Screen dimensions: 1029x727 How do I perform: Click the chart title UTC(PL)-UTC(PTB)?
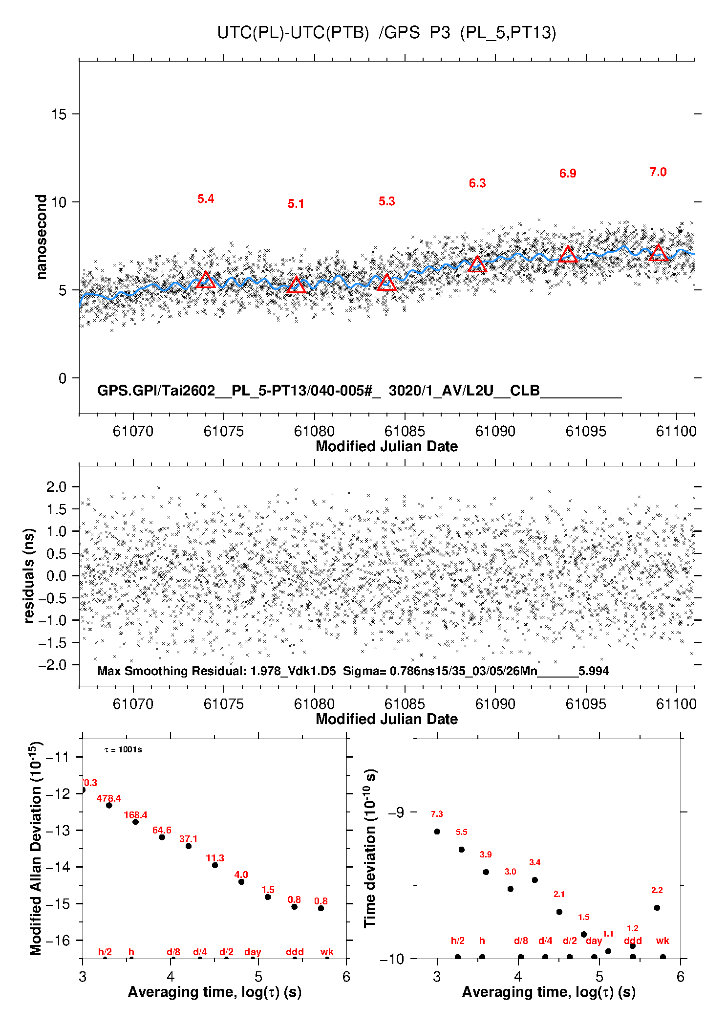coord(293,33)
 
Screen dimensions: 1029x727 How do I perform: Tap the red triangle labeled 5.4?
coord(206,280)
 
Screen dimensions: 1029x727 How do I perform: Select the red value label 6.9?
coord(568,174)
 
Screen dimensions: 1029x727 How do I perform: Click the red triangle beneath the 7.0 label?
coord(658,253)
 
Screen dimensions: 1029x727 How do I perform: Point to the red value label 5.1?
coord(296,204)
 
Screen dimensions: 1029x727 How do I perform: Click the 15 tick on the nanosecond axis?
coord(59,114)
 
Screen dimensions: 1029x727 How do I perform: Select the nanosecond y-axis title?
coord(41,237)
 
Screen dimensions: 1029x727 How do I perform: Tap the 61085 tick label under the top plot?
coord(405,431)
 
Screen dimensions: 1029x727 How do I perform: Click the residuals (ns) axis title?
coord(29,575)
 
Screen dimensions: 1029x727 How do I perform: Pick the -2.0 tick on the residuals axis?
coord(56,665)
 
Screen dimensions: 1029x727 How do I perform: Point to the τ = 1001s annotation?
coord(123,749)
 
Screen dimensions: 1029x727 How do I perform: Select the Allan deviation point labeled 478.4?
coord(109,805)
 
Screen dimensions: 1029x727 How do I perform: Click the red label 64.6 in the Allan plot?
coord(162,830)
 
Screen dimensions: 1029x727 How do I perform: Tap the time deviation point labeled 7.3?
coord(437,832)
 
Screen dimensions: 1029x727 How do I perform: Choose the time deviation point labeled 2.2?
coord(657,908)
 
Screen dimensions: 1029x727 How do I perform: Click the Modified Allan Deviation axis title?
coord(36,848)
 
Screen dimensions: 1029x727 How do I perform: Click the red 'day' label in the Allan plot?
coord(253,952)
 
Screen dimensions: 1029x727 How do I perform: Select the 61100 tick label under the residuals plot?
coord(676,704)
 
